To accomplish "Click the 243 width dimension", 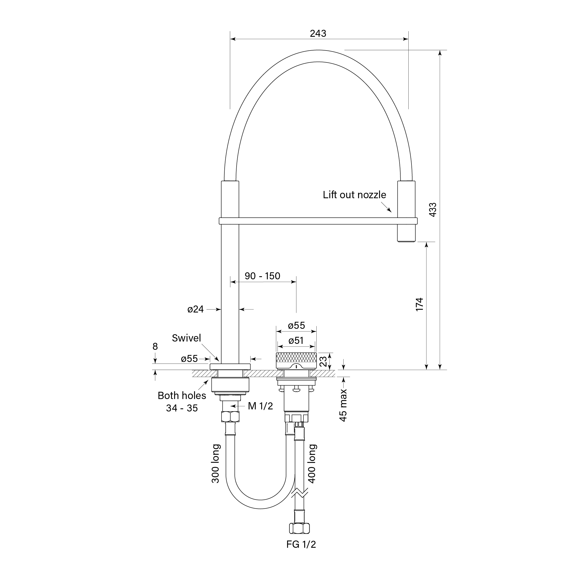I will point(318,33).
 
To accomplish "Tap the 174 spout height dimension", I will point(419,304).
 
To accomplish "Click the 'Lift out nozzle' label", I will point(354,195).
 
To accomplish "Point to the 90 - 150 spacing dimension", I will point(262,276).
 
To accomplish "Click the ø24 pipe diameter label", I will point(195,309).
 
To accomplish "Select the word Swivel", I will point(186,338).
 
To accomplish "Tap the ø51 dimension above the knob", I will point(296,340).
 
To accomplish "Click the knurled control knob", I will point(296,360).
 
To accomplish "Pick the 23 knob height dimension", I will point(323,361).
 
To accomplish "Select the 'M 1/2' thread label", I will point(260,406).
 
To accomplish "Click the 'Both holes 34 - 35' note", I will point(182,402).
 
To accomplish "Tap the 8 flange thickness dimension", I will point(155,346).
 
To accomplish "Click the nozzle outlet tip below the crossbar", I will point(406,237).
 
